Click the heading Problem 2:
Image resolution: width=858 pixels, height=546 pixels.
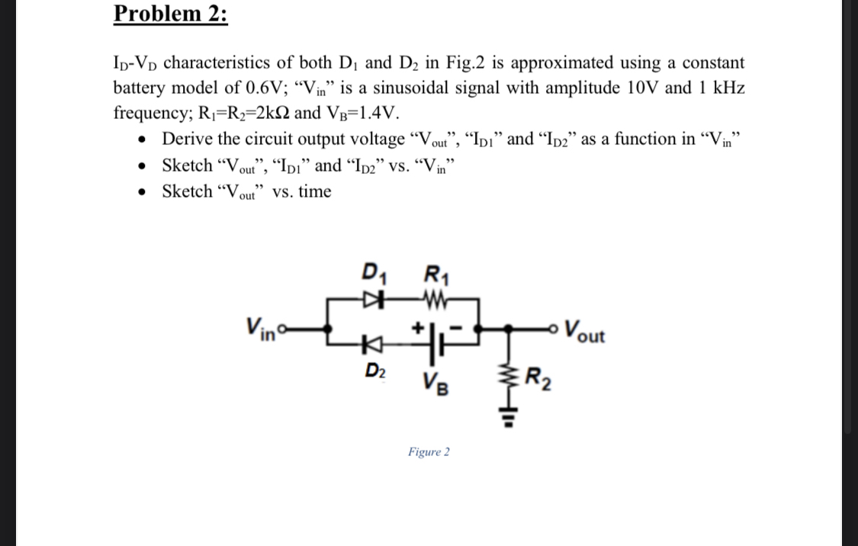click(170, 14)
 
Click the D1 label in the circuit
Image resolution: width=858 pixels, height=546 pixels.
click(373, 272)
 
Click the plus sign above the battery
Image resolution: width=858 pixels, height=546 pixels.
click(419, 326)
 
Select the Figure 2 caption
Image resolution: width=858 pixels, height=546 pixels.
click(429, 452)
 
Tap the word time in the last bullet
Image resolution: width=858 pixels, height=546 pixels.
click(315, 191)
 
